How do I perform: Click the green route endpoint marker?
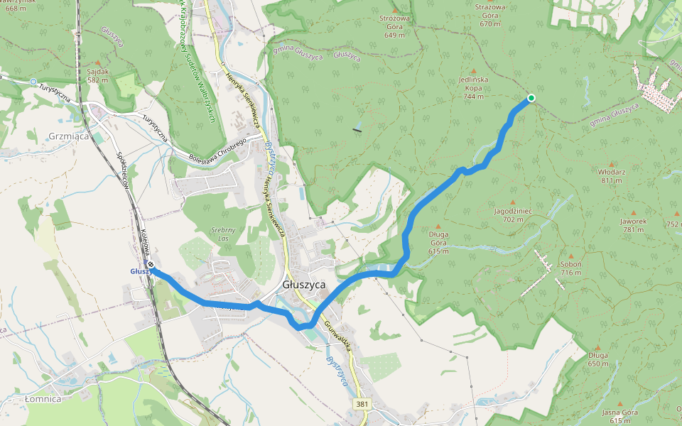pos(531,98)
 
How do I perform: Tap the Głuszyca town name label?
pos(304,284)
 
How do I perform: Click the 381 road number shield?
pos(362,404)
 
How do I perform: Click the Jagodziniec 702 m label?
pos(513,215)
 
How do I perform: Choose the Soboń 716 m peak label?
pos(570,268)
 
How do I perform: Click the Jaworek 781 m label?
pos(633,224)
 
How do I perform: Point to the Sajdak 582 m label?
pos(98,75)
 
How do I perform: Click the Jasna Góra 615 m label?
pos(619,416)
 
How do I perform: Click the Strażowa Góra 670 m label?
pos(490,15)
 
